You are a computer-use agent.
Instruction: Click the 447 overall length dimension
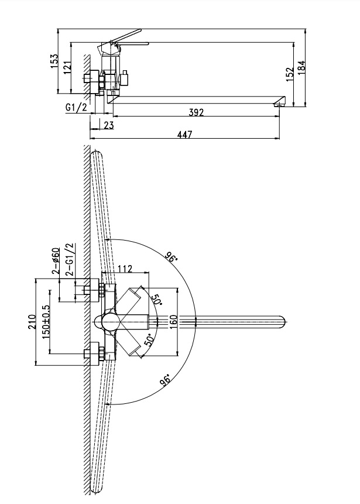[x=184, y=135]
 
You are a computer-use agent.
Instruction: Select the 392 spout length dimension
[x=196, y=113]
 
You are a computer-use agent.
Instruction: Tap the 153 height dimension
[x=54, y=60]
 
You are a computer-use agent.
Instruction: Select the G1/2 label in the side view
[x=77, y=108]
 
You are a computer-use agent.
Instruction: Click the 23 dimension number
[x=108, y=125]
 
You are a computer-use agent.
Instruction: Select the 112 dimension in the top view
[x=124, y=269]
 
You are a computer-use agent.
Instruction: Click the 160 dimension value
[x=173, y=321]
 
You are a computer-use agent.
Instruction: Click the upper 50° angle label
[x=156, y=299]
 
